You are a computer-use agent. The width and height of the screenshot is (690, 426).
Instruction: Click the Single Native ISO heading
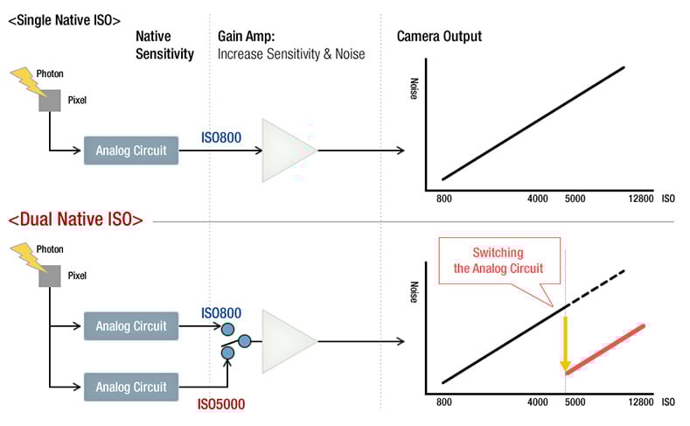(64, 18)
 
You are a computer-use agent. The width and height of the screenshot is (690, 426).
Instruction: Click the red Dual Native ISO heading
(75, 220)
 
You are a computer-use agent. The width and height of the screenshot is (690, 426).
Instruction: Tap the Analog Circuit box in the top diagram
(131, 150)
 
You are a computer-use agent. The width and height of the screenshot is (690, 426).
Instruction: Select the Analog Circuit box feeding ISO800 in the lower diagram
(131, 326)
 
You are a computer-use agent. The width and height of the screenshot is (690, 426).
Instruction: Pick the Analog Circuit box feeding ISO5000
(131, 386)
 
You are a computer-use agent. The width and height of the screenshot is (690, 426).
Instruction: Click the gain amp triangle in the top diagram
(288, 151)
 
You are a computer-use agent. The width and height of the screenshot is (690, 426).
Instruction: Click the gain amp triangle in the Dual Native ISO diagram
(288, 340)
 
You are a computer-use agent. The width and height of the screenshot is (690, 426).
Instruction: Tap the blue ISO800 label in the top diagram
(222, 136)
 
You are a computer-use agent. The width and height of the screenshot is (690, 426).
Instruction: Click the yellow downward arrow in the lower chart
(566, 342)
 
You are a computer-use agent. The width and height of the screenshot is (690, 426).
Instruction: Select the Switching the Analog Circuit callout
(499, 260)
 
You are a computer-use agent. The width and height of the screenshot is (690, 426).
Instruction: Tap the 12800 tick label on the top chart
(641, 199)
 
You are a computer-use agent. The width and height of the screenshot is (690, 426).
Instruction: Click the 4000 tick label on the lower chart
(537, 402)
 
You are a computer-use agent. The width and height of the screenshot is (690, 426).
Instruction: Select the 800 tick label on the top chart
(443, 199)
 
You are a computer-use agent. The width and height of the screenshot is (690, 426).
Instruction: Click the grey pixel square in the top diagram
(50, 101)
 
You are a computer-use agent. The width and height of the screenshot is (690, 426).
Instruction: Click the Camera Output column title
(439, 37)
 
